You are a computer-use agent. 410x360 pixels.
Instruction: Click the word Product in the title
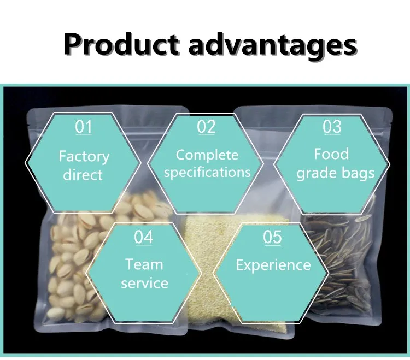(122, 44)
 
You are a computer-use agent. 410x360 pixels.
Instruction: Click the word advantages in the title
(273, 45)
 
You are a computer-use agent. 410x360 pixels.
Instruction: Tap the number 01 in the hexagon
(84, 127)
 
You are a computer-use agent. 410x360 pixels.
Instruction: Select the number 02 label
(206, 127)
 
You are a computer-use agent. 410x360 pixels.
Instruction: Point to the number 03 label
(332, 127)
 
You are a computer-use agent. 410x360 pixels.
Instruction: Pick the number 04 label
(144, 237)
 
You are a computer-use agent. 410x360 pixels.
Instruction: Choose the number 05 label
(272, 237)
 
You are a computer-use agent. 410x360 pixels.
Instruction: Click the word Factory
(84, 157)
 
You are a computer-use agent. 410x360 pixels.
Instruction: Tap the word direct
(83, 174)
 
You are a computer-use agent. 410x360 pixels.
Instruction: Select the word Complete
(207, 155)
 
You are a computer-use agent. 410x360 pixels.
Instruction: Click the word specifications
(207, 173)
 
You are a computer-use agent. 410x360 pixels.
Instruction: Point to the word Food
(331, 154)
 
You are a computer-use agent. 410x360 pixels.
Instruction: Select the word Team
(144, 264)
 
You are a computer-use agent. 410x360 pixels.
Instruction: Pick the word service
(145, 283)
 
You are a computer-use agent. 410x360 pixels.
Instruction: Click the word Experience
(273, 265)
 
